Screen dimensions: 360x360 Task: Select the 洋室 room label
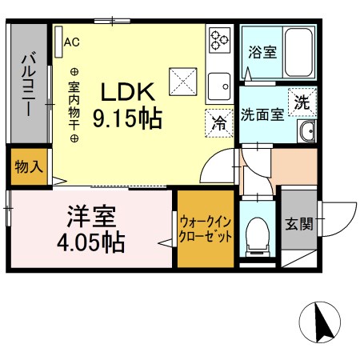[x=90, y=218]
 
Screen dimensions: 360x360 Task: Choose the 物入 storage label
[x=28, y=168]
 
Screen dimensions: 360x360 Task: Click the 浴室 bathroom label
[x=262, y=53]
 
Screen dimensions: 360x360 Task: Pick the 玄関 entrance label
[x=298, y=223]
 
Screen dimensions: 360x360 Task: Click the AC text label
[x=71, y=41]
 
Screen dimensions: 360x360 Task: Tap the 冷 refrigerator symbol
[x=218, y=122]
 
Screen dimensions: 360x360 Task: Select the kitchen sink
[x=218, y=83]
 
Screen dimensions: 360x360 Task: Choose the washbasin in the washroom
[x=307, y=132]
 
